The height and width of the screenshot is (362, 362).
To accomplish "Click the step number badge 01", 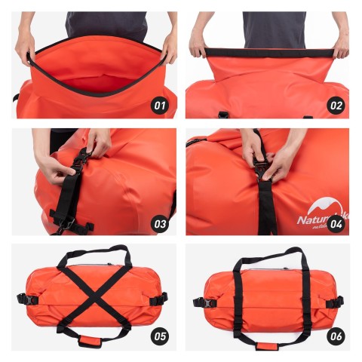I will (161, 106).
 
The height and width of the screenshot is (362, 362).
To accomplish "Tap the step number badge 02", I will (335, 106).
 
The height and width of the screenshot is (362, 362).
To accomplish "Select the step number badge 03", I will (161, 222).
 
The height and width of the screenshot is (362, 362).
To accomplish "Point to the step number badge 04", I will (335, 222).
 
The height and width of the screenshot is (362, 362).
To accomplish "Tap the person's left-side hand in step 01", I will (25, 48).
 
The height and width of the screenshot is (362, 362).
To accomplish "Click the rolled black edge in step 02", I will (268, 53).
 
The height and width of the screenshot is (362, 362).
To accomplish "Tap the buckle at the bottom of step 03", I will (66, 223).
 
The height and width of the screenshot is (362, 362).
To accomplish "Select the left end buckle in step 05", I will (22, 299).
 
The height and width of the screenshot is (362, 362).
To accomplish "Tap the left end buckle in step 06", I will (199, 302).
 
